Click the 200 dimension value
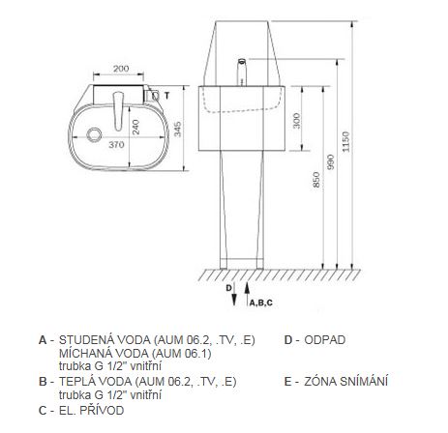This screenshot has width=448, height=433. click(x=121, y=69)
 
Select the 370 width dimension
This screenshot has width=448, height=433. click(x=116, y=145)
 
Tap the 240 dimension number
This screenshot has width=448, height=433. click(x=135, y=127)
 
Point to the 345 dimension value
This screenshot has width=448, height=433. click(x=178, y=129)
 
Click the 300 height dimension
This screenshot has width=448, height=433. click(x=296, y=121)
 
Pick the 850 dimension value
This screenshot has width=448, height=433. click(x=316, y=180)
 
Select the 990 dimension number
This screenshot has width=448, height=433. click(x=331, y=162)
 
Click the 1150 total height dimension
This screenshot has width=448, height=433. click(x=345, y=142)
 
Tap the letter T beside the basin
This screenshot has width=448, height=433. click(x=166, y=96)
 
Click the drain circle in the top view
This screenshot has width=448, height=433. click(x=95, y=134)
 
